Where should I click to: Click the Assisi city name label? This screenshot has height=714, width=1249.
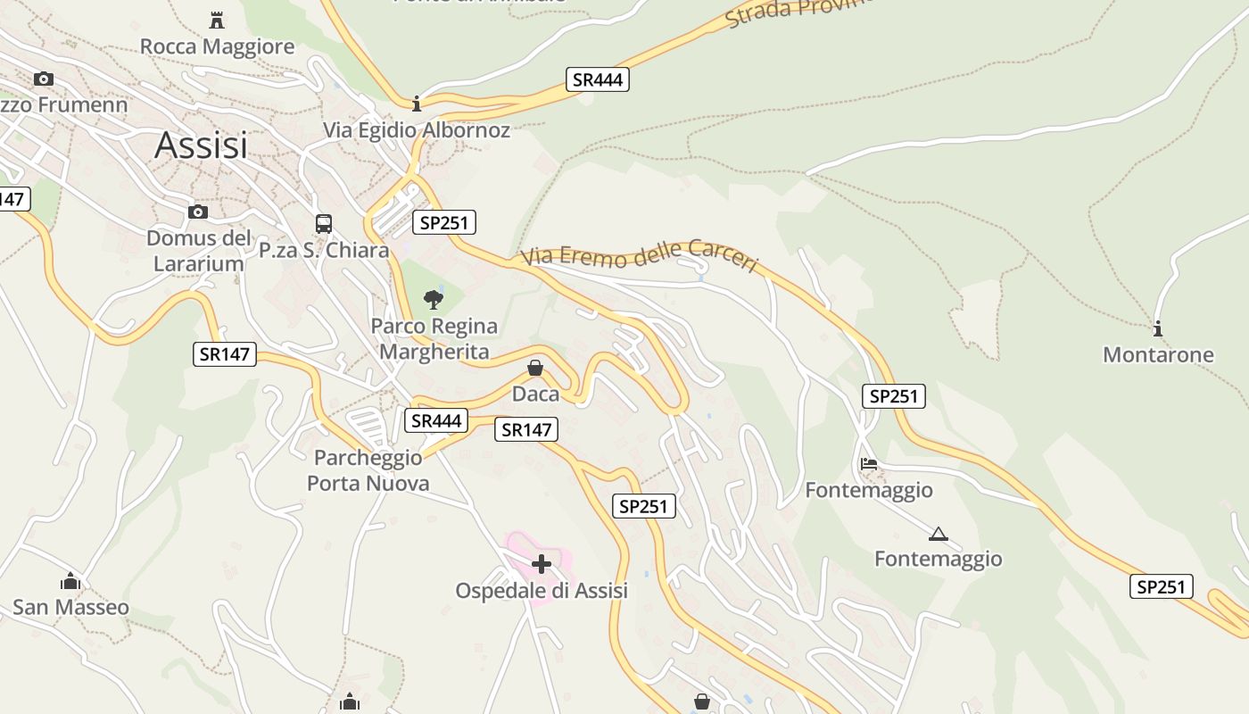tap(201, 145)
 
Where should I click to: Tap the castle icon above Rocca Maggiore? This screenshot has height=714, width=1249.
tap(216, 19)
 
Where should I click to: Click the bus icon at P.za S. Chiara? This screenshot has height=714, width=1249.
tap(324, 223)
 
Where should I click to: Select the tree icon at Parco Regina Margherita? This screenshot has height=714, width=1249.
tap(434, 299)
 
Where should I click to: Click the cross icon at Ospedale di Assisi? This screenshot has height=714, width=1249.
tap(542, 564)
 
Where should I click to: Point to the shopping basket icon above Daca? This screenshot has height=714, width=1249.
tap(535, 368)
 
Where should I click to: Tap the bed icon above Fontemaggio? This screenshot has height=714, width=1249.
tap(869, 464)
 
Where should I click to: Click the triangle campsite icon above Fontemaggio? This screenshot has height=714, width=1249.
tap(938, 535)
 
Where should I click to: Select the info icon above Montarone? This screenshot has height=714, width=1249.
tap(1158, 328)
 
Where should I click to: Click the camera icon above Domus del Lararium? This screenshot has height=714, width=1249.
tap(198, 212)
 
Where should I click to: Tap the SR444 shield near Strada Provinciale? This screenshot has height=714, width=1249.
tap(597, 79)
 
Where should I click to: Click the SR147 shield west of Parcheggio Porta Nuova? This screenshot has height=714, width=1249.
tap(225, 354)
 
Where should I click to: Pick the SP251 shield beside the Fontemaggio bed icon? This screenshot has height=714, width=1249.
tap(893, 396)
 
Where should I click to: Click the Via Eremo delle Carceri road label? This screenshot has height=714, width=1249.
tap(640, 256)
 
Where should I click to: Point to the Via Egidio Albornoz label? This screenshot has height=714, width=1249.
tap(417, 130)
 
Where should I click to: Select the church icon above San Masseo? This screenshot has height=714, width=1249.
tap(70, 582)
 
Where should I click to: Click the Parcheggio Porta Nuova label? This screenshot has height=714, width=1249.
tap(368, 470)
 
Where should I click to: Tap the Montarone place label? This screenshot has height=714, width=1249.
tap(1158, 355)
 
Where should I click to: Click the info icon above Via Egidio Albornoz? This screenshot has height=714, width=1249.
tap(417, 104)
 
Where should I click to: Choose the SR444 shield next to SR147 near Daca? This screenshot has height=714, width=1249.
tap(436, 420)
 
